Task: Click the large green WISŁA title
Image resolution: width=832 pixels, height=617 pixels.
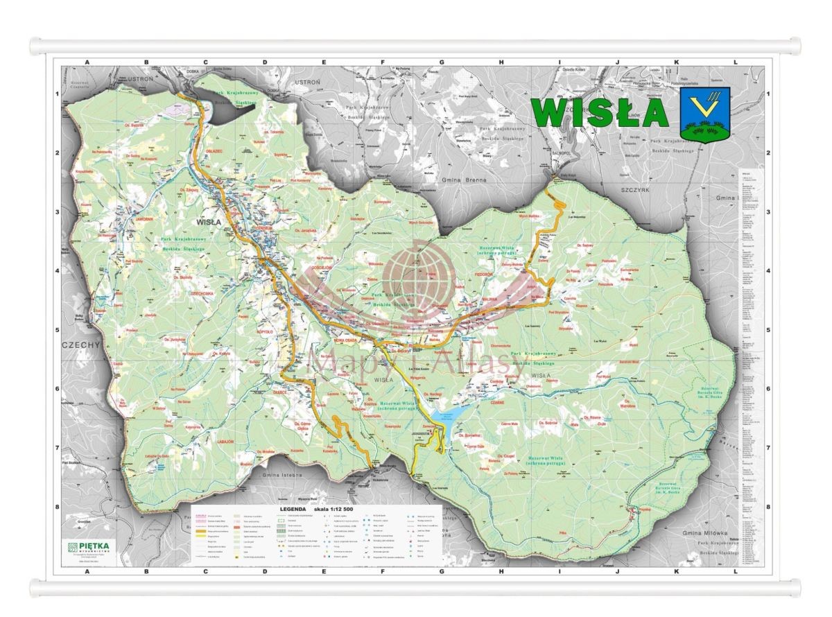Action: pyautogui.click(x=600, y=113)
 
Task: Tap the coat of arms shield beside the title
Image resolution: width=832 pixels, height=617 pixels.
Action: pyautogui.click(x=706, y=114)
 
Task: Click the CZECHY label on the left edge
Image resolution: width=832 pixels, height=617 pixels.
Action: pyautogui.click(x=81, y=344)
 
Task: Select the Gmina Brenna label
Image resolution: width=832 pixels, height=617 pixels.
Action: pyautogui.click(x=464, y=180)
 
